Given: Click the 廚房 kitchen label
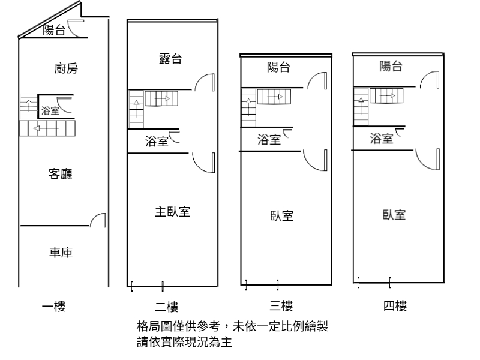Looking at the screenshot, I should [x=65, y=69].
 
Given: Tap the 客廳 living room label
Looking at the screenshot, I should [x=61, y=174].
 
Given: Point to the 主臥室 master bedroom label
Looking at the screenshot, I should [x=173, y=212].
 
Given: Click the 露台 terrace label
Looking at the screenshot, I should [x=170, y=59].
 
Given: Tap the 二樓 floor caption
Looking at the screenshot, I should [x=167, y=307].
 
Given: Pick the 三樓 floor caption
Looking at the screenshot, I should [x=281, y=307].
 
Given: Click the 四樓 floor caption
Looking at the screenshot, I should [x=395, y=307].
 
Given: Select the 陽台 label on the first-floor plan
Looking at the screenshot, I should [x=55, y=30].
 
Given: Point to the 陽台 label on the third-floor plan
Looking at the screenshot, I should [x=278, y=68].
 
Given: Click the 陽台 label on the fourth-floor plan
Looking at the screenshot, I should [x=391, y=67].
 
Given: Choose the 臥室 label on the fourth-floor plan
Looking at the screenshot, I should [x=394, y=214].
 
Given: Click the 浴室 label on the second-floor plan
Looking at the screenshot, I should [x=157, y=142].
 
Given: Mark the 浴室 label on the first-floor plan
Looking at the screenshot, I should [x=50, y=110].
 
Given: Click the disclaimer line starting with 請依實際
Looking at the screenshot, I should [x=185, y=343].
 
